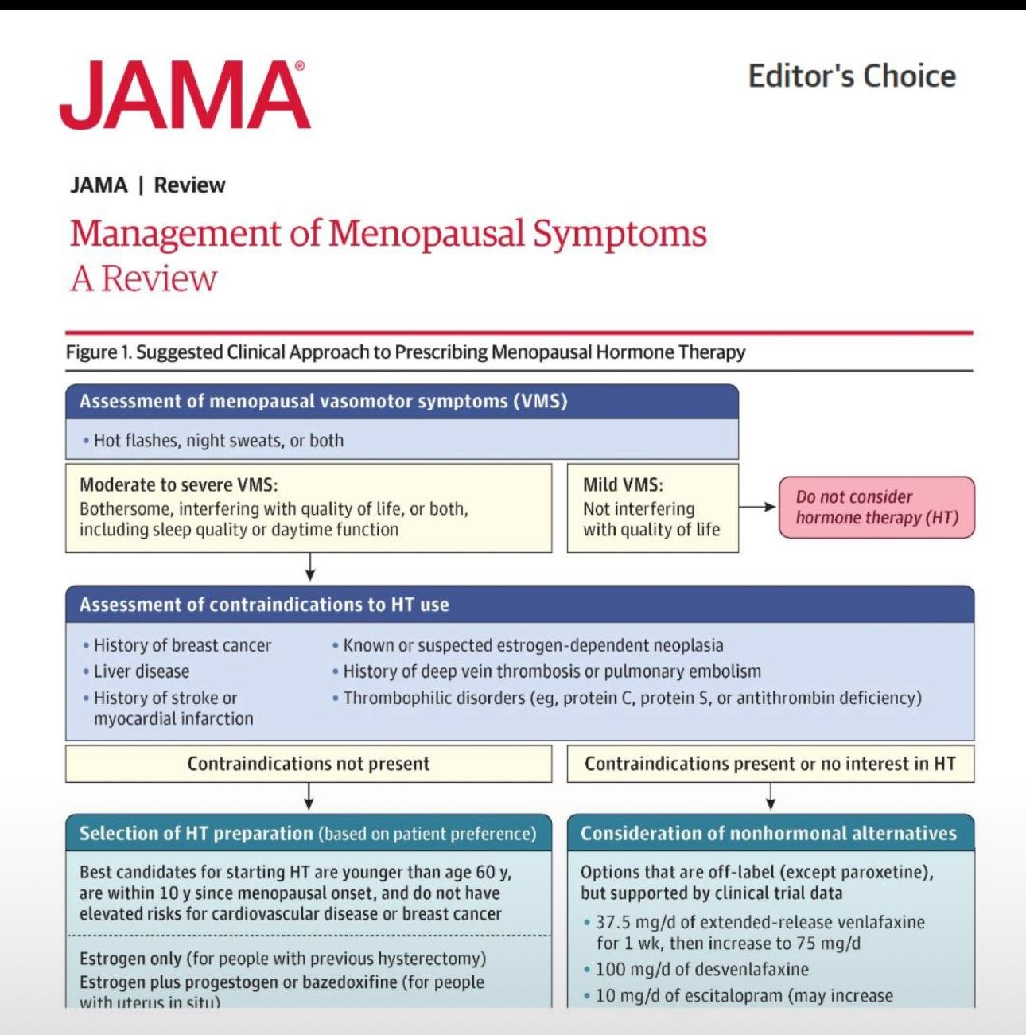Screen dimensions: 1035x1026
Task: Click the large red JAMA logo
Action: [185, 95]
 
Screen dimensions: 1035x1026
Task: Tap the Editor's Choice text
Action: [852, 76]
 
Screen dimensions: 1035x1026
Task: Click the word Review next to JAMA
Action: [189, 185]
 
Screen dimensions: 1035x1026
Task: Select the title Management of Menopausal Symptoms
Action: [388, 234]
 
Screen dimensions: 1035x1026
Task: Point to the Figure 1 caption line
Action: [406, 352]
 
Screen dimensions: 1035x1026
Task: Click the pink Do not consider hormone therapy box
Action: [876, 508]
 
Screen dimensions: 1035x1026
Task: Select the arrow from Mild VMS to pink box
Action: [757, 507]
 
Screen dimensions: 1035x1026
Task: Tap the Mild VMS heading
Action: [623, 484]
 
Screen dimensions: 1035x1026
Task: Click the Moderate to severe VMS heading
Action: [179, 484]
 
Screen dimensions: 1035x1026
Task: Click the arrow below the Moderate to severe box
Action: [310, 567]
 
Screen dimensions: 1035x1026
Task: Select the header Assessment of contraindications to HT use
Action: [264, 605]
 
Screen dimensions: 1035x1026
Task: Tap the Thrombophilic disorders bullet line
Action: [632, 698]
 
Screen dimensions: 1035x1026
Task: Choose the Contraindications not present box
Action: [309, 764]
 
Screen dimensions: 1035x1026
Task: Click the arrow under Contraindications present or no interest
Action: [770, 796]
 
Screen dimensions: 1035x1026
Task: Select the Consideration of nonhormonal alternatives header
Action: [768, 833]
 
